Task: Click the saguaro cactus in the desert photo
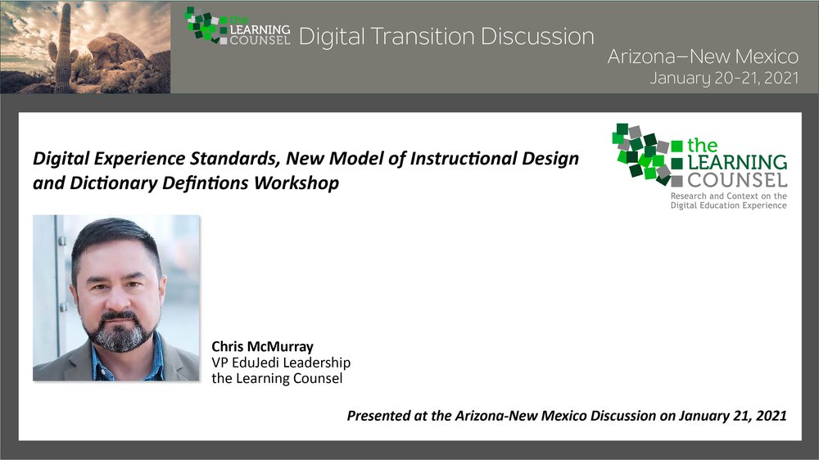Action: [x=64, y=50]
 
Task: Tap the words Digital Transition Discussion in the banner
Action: [x=446, y=37]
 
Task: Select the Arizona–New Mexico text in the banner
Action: [x=703, y=56]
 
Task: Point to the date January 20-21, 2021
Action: [x=724, y=79]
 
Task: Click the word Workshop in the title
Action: [x=296, y=183]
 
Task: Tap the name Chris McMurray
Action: [x=262, y=347]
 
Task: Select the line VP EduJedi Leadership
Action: [x=281, y=363]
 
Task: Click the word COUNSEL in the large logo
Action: [x=737, y=181]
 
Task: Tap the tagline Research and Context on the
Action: [x=729, y=196]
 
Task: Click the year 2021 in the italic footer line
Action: [x=771, y=416]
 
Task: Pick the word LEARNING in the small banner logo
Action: [x=260, y=29]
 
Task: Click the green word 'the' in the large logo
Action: [x=702, y=145]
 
